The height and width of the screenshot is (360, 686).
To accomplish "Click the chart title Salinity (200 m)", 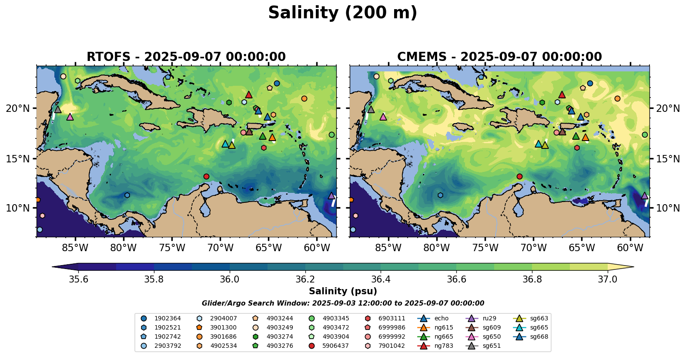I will click(x=343, y=13).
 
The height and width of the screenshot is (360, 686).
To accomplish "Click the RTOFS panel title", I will click(x=186, y=57).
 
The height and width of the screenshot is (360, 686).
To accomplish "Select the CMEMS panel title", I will click(x=499, y=57).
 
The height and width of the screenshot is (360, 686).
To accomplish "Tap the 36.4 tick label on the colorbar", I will click(x=381, y=279).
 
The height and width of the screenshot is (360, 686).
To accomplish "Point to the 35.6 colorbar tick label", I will click(x=79, y=279).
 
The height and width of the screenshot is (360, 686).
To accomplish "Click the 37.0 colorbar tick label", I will click(x=607, y=279).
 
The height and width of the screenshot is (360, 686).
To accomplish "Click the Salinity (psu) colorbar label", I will click(x=343, y=291).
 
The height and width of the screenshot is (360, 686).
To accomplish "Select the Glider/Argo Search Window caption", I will click(x=343, y=303).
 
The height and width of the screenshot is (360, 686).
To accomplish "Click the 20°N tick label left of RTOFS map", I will click(x=18, y=108).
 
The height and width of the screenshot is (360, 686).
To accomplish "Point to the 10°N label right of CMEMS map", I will click(x=668, y=208).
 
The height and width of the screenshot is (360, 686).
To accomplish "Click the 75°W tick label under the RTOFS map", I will click(x=172, y=248).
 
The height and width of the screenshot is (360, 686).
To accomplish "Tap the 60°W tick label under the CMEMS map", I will click(x=630, y=248).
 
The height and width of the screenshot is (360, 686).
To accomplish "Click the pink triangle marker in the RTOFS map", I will click(x=70, y=117).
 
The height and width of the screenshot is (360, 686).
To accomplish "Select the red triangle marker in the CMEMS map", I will click(x=562, y=94).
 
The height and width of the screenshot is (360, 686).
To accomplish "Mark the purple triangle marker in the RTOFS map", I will click(x=331, y=196).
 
